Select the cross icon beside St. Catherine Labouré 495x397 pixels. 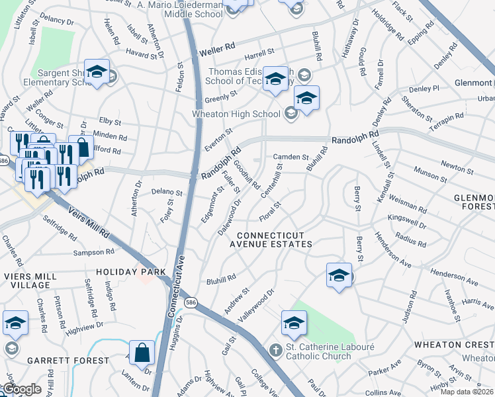[276, 349]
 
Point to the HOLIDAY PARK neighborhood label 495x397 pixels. [126, 272]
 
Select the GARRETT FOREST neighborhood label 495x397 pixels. [68, 361]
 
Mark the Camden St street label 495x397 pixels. [292, 157]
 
